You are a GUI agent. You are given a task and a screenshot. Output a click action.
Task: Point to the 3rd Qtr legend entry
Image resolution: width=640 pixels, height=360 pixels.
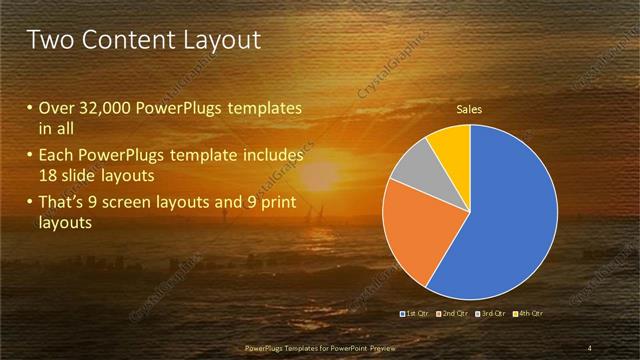tap(491, 314)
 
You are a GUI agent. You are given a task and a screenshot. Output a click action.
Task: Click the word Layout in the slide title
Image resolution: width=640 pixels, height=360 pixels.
tap(222, 40)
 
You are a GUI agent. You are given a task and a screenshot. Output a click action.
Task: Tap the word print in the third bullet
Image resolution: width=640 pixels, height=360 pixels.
tap(282, 202)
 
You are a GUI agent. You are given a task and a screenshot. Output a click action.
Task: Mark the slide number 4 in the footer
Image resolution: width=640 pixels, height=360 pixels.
tap(589, 348)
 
